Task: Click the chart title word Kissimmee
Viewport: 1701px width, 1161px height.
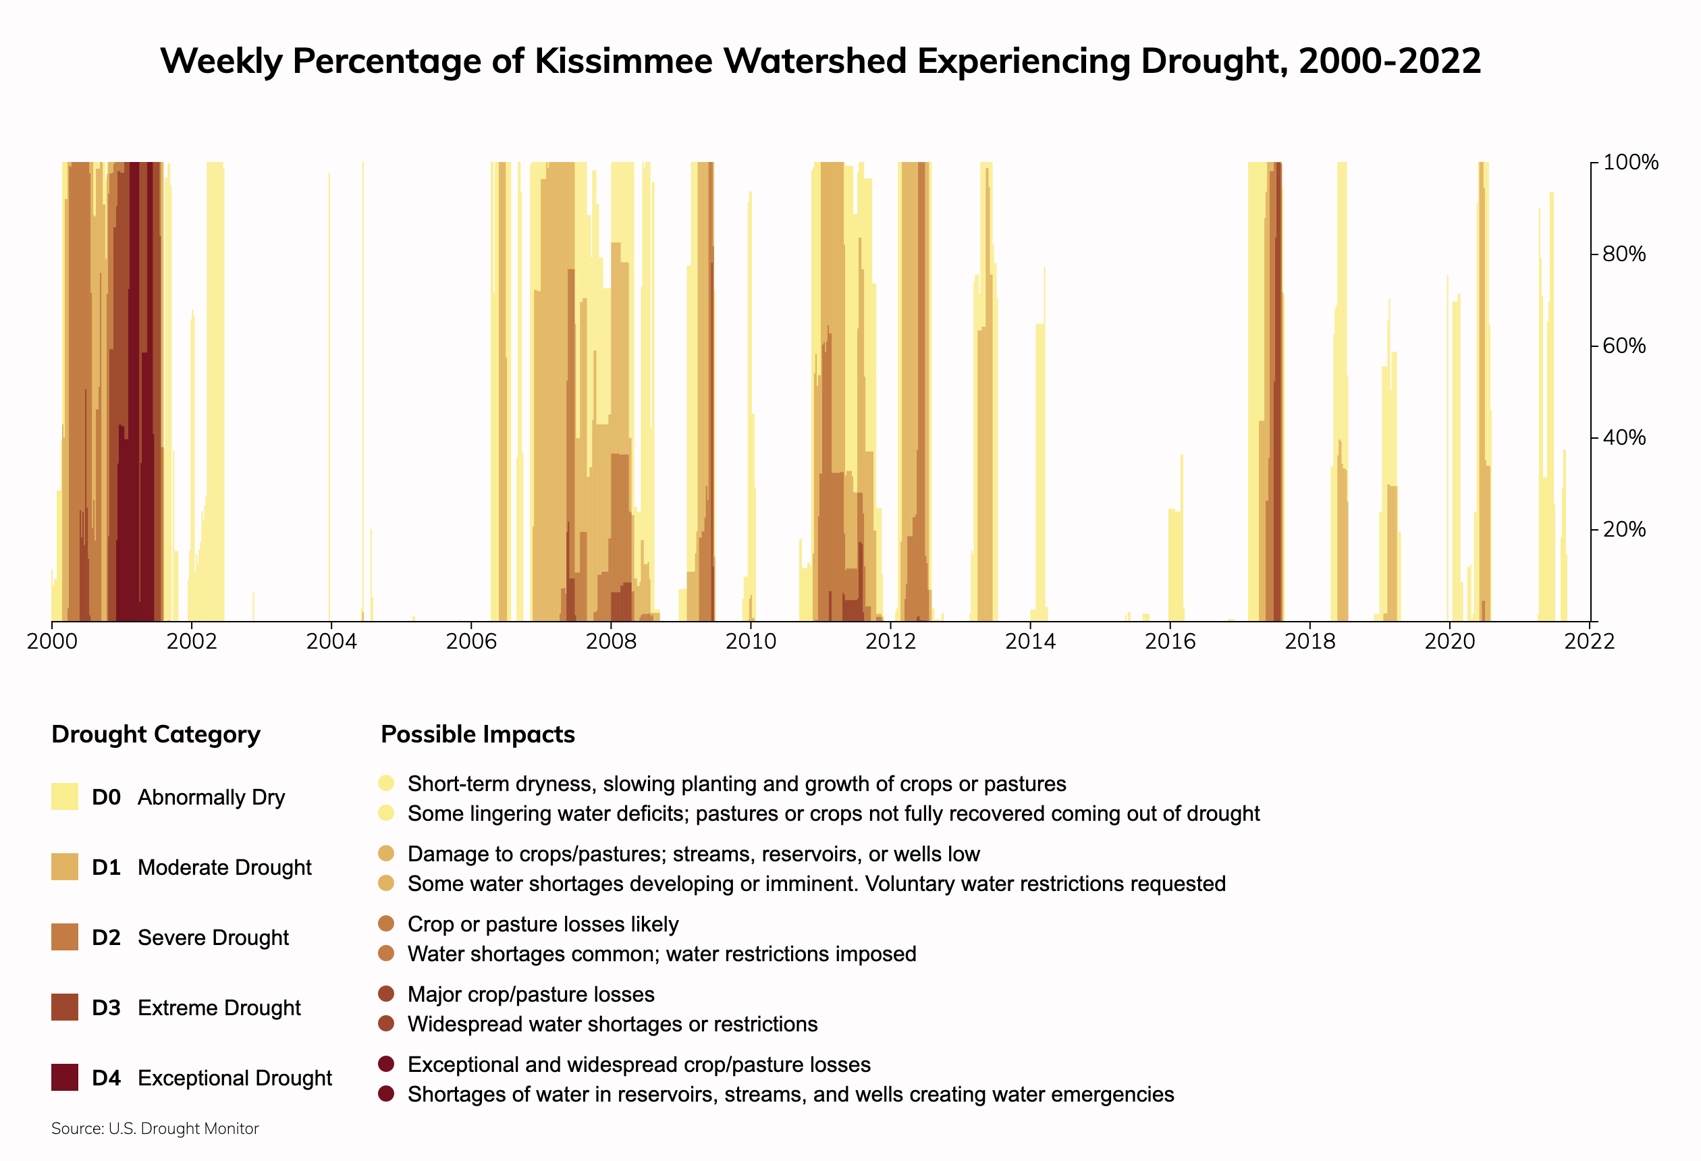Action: coord(623,61)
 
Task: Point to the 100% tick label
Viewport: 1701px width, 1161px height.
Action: coord(1630,163)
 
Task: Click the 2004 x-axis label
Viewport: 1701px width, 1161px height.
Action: coord(331,642)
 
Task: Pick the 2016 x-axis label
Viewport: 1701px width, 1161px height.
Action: coord(1170,642)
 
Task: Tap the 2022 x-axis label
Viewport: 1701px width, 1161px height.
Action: coord(1589,642)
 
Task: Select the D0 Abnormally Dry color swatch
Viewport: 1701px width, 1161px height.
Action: coord(64,796)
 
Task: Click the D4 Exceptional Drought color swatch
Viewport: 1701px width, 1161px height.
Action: coord(64,1077)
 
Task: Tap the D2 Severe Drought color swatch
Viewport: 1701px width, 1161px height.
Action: coord(64,937)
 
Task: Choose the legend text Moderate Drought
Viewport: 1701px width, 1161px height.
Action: coord(224,867)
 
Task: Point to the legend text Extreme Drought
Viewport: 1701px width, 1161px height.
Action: coord(219,1008)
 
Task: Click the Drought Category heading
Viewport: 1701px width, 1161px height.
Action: coord(156,734)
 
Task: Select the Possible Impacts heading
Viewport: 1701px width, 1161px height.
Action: coord(478,734)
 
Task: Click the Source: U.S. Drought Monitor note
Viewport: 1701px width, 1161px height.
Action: coord(155,1129)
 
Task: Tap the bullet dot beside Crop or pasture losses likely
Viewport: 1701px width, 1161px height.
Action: coord(387,924)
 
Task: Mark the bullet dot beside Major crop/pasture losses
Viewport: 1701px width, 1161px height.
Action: coord(387,994)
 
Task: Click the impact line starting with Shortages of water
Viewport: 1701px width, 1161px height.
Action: coord(790,1094)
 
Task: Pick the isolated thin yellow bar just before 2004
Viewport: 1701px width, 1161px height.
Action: coord(329,396)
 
